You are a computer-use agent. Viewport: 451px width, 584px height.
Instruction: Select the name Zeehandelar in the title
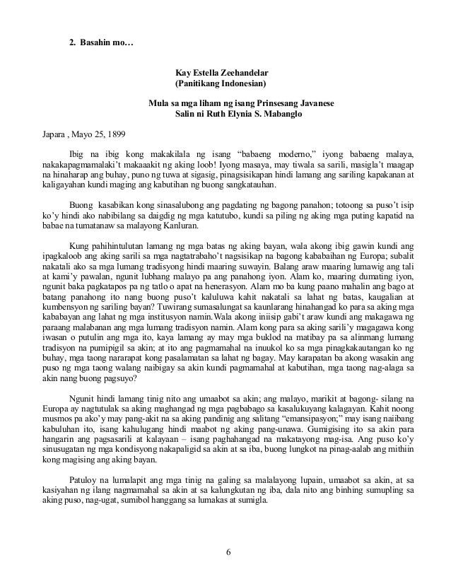coord(235,72)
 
